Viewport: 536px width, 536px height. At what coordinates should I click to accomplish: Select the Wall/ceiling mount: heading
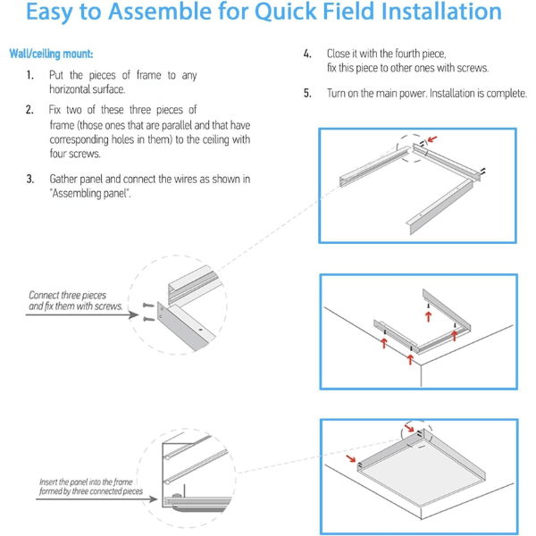[51, 54]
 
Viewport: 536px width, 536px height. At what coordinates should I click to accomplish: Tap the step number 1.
[29, 76]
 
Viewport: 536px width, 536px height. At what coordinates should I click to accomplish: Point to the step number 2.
[29, 110]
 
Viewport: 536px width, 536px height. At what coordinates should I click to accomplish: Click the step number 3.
[29, 180]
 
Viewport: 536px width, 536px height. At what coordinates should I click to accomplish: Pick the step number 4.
[307, 54]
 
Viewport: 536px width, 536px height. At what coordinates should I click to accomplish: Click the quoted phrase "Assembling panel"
[90, 194]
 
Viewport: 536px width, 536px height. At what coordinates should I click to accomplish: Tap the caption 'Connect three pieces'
[67, 295]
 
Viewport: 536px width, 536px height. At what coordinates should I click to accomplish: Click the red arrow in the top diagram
[434, 139]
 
